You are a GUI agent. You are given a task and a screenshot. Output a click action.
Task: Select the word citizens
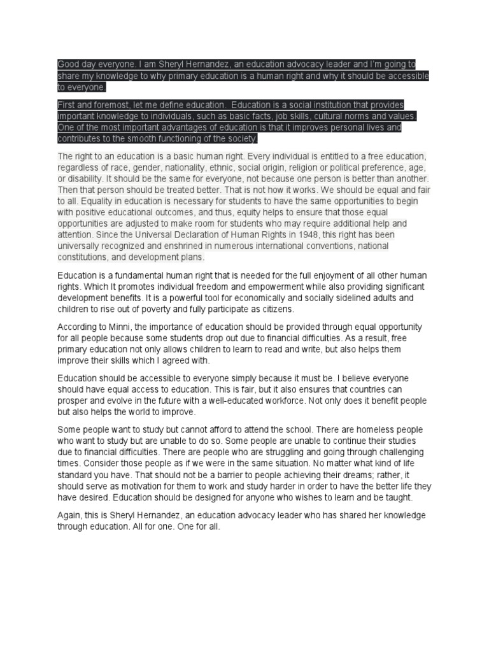(x=274, y=309)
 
